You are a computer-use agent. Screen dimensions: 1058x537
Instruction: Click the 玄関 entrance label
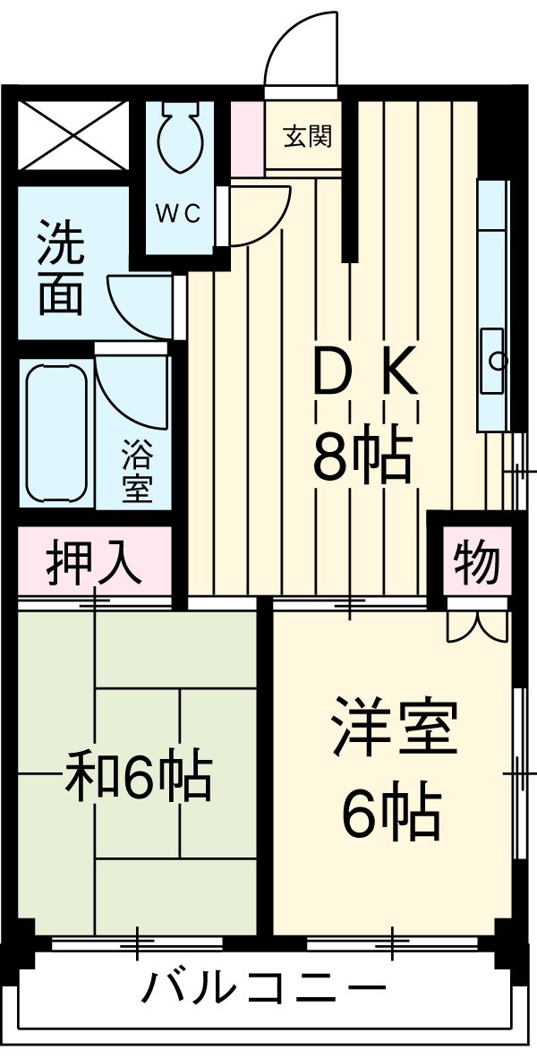tap(308, 137)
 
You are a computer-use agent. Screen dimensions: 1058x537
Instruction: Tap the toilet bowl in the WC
tap(181, 139)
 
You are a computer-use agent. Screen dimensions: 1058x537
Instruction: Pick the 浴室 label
tap(137, 472)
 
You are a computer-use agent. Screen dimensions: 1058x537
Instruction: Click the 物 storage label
tap(475, 562)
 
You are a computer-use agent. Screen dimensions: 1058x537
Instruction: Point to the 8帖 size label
tap(362, 456)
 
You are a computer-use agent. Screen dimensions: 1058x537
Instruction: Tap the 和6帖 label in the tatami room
tap(139, 776)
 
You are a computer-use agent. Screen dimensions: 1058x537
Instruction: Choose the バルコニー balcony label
tap(265, 990)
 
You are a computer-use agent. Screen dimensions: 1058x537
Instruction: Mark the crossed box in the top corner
tap(74, 135)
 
